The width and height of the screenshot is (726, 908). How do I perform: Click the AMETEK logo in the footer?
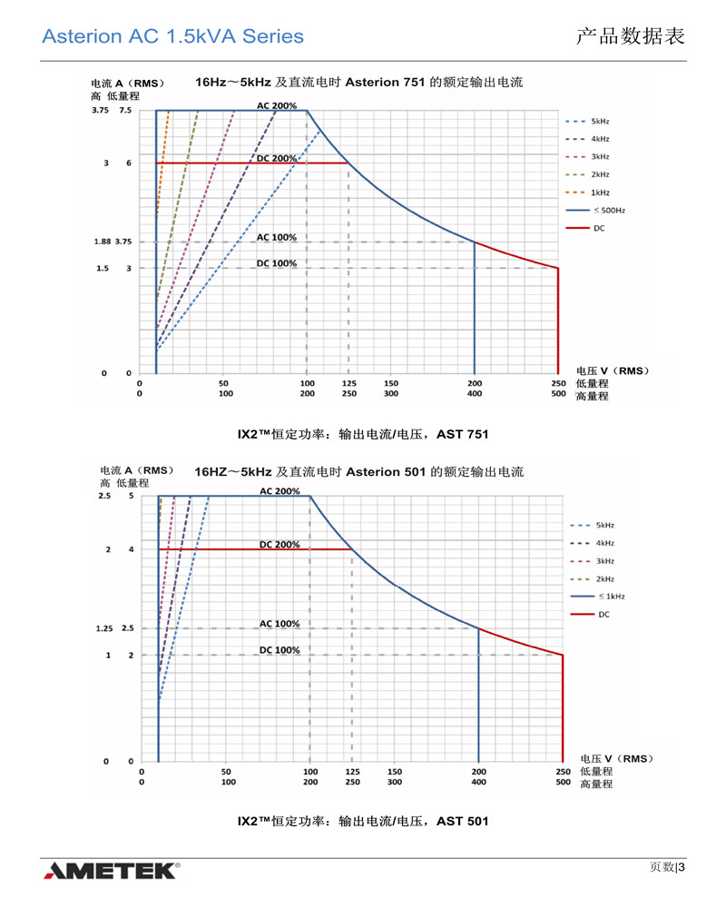point(111,871)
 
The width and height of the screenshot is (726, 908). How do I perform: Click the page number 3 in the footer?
point(681,866)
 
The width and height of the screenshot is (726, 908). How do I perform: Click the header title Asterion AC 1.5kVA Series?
point(172,36)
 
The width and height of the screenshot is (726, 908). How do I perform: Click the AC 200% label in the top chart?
point(277,106)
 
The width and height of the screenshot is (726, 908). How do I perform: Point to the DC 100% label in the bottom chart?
point(280,650)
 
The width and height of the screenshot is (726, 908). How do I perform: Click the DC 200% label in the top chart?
point(277,159)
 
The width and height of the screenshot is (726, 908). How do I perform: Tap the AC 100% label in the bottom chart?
point(280,624)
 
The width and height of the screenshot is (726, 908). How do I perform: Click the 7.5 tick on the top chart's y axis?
point(124,111)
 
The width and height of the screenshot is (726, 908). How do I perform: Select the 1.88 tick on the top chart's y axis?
point(101,242)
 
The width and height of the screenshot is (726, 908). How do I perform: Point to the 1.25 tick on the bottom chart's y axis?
point(104,628)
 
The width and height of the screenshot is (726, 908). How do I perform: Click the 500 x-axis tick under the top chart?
point(558,394)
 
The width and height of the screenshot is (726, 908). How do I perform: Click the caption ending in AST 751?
point(363,434)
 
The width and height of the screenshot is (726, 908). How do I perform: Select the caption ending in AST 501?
point(363,821)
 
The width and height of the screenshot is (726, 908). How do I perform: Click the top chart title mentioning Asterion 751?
point(358,83)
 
